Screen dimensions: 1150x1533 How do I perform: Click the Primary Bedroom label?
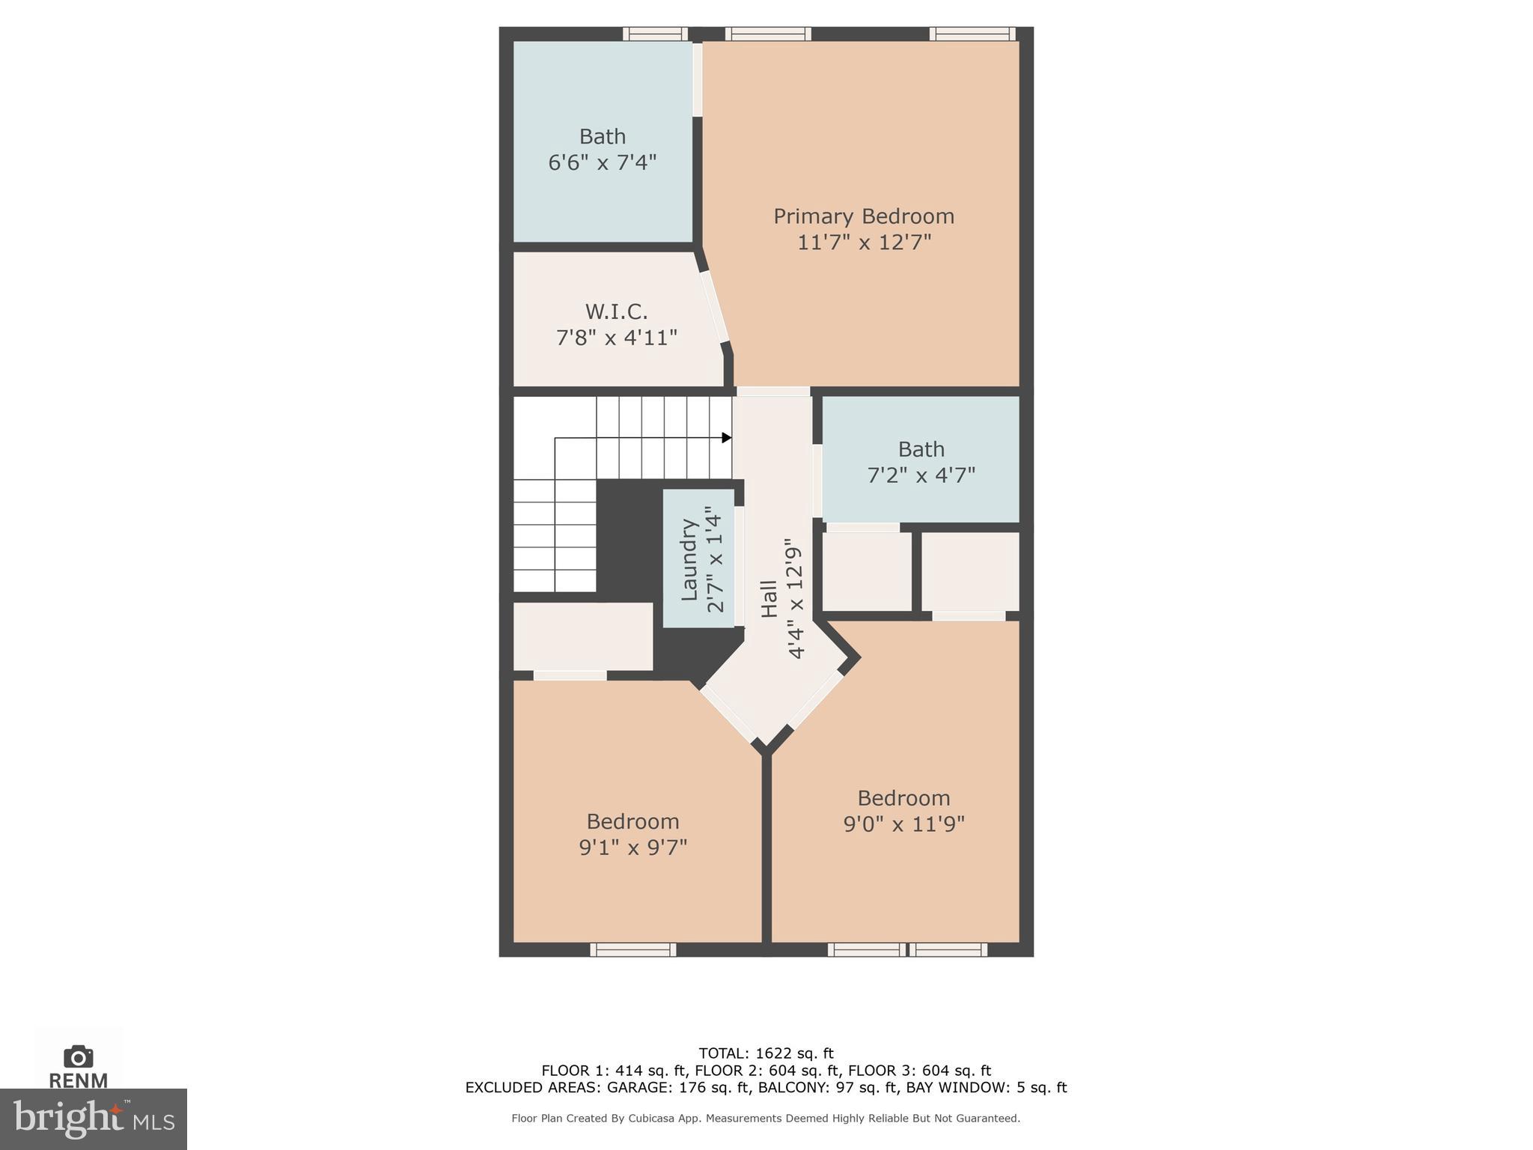coord(863,216)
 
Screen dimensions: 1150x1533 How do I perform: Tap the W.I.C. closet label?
coord(616,311)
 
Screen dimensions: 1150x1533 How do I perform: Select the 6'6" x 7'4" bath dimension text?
coord(602,162)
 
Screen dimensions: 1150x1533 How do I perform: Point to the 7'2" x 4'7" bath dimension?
coord(921,475)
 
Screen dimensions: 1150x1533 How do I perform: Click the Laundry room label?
coord(689,559)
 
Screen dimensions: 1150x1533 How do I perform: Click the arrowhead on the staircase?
coord(726,438)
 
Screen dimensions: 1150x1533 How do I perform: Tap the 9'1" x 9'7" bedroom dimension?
coord(633,848)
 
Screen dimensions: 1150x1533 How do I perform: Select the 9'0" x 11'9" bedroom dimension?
coord(903,824)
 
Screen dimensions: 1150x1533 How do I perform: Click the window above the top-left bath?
coord(655,34)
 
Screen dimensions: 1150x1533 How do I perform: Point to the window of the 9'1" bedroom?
coord(633,949)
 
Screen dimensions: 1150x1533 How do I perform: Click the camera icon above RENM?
coord(78,1056)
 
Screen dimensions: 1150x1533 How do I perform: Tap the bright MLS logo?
coord(93,1119)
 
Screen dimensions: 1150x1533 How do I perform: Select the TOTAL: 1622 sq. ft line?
coord(766,1053)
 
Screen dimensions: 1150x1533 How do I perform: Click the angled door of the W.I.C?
coord(714,307)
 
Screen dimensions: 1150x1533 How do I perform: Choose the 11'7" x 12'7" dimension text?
coord(864,243)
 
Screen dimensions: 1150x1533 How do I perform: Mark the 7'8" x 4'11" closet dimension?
coord(616,338)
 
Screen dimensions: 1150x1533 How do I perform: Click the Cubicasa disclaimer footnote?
coord(766,1119)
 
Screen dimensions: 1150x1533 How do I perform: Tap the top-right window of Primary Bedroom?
coord(972,34)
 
